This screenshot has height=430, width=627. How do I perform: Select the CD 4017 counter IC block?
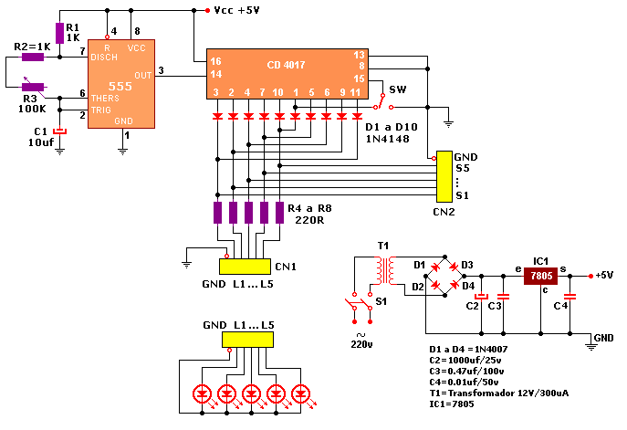click(287, 68)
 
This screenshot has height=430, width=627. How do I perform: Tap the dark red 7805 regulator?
click(539, 277)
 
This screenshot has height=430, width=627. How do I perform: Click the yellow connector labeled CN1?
click(246, 266)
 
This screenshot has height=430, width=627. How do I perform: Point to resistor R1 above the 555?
click(60, 33)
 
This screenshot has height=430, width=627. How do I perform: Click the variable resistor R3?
click(34, 87)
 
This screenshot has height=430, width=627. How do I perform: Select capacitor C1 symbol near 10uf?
click(60, 131)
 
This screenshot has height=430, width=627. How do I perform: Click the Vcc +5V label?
click(236, 11)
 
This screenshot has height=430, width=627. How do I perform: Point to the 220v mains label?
click(363, 344)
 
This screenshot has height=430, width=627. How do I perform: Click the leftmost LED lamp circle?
click(203, 394)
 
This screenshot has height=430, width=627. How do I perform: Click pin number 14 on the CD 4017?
click(216, 74)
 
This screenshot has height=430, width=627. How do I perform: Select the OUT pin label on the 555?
click(142, 75)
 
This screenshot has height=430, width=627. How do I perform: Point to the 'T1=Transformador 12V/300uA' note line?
click(497, 392)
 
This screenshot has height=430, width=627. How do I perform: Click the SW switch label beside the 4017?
click(398, 89)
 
